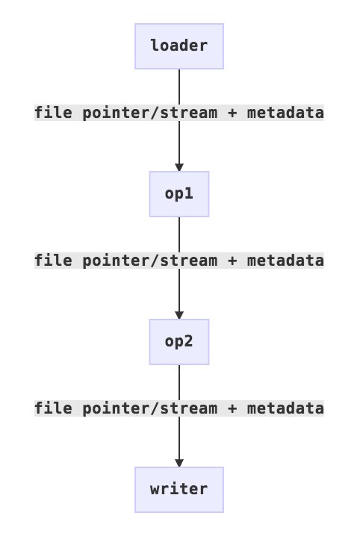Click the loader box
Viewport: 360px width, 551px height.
[x=179, y=46]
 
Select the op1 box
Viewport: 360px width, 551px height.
[x=179, y=194]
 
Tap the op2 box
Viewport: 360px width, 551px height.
[x=179, y=342]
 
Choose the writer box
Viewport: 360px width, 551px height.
[x=179, y=490]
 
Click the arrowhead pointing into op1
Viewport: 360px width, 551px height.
[x=179, y=167]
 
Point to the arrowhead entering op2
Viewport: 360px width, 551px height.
[x=179, y=315]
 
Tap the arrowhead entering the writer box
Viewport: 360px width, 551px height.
[x=179, y=463]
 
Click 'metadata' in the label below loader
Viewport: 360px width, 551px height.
[x=285, y=113]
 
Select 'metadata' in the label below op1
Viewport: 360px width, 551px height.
[x=285, y=261]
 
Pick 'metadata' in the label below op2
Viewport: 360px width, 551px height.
[x=285, y=408]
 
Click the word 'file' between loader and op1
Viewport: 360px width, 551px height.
[x=54, y=113]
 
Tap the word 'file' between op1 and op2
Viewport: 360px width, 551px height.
[x=54, y=261]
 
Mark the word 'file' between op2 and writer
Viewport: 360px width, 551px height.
[x=54, y=408]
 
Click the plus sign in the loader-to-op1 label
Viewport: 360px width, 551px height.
[x=232, y=113]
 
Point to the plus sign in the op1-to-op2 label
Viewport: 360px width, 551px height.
[x=232, y=261]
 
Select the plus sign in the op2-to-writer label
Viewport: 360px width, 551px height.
[x=232, y=408]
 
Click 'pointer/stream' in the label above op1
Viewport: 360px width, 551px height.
[x=150, y=113]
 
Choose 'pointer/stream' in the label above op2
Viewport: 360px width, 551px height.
[x=150, y=261]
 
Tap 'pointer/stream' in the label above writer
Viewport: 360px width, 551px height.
[x=150, y=408]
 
